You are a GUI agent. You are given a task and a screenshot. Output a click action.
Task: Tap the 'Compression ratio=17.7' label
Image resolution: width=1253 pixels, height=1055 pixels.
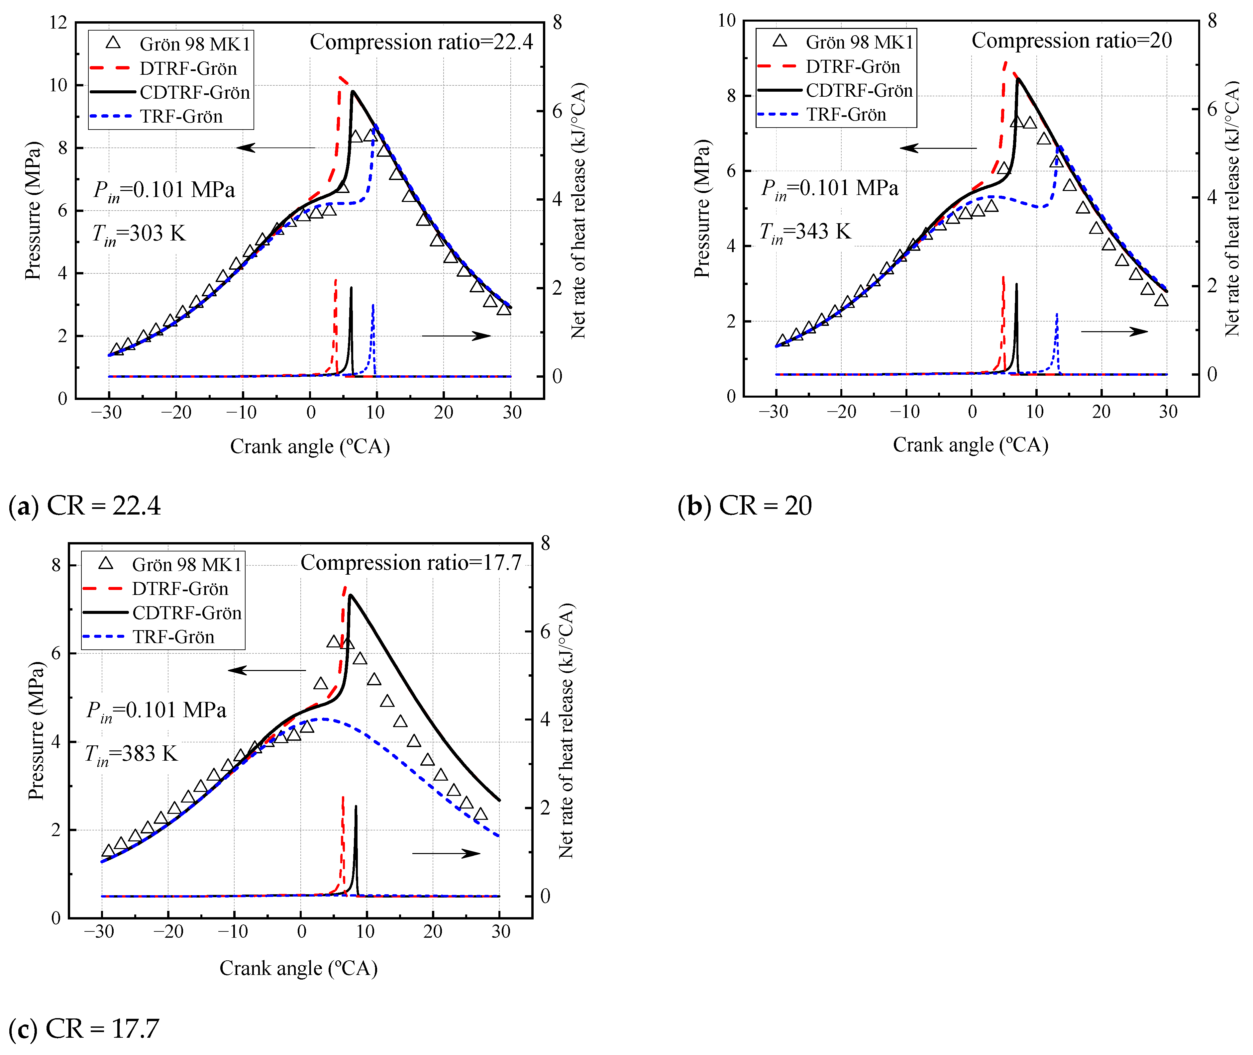tap(411, 563)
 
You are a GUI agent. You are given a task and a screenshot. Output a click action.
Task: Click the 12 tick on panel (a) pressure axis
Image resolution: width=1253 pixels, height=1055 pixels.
tap(58, 23)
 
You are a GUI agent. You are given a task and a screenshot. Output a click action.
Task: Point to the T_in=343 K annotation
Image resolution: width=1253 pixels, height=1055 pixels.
tap(804, 232)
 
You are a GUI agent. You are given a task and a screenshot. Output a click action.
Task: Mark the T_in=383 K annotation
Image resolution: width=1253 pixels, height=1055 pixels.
tap(132, 754)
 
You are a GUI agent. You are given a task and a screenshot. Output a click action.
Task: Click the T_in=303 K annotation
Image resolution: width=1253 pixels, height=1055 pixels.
tap(139, 234)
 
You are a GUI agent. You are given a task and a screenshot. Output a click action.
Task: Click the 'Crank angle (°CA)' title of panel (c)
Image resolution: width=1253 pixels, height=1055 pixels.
tap(298, 968)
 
